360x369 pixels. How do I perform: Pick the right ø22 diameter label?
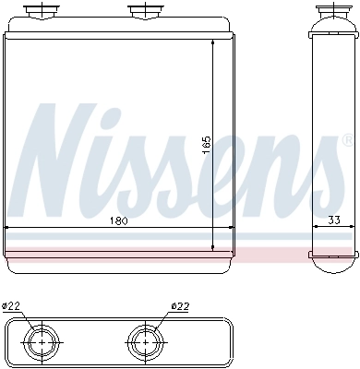[180, 306]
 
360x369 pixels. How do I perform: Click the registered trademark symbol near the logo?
[346, 141]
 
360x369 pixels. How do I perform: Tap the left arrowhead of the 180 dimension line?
[9, 227]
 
